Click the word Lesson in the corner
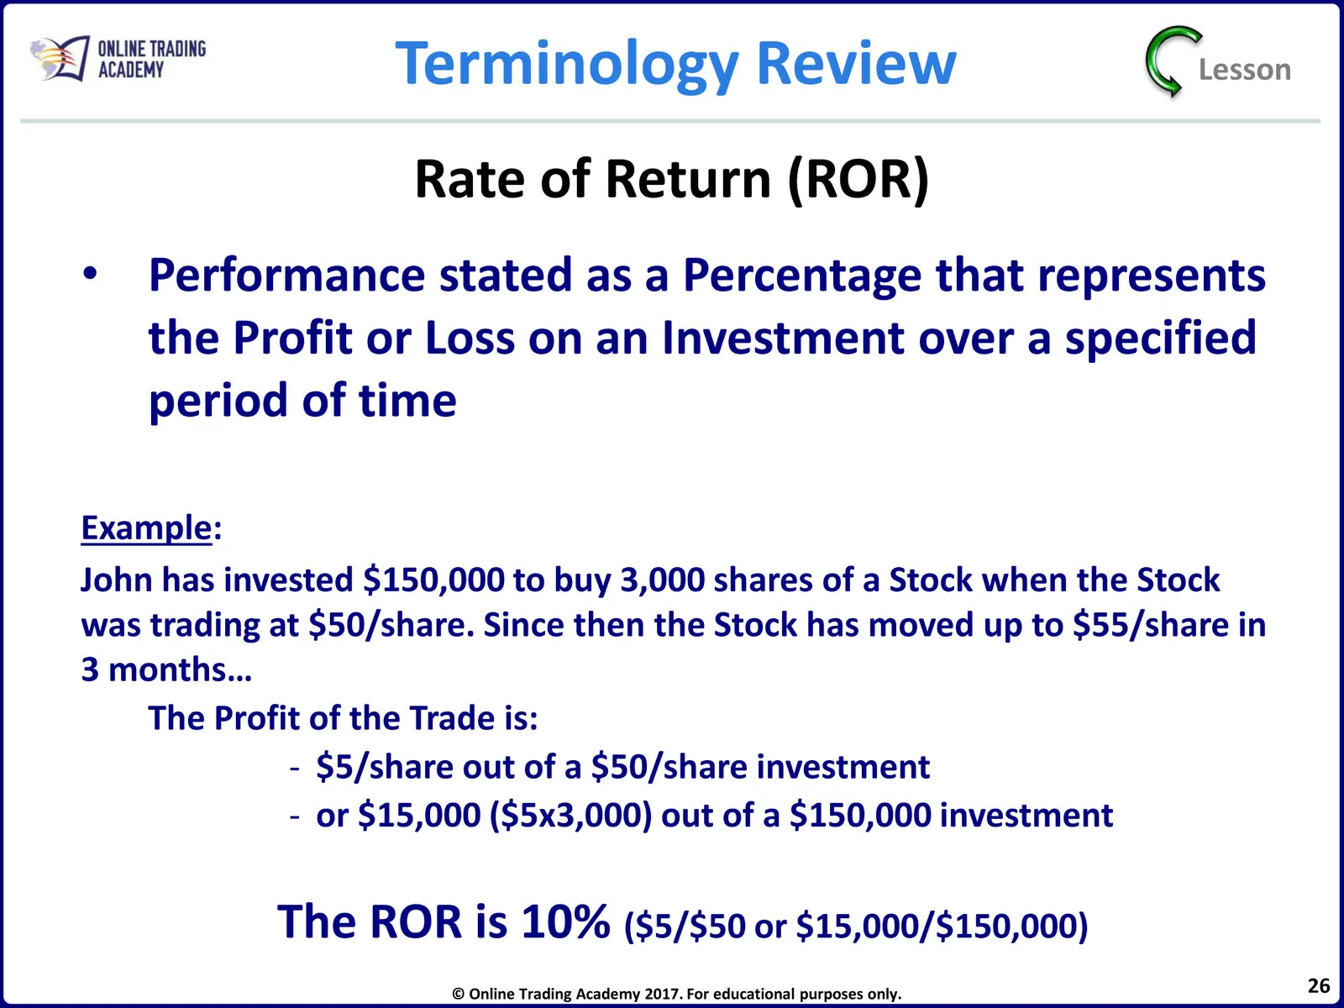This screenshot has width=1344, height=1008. pyautogui.click(x=1245, y=69)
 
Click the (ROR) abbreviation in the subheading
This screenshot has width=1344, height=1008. pyautogui.click(x=858, y=180)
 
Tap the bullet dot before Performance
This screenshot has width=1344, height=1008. pyautogui.click(x=90, y=274)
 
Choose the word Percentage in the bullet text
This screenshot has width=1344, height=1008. pyautogui.click(x=802, y=276)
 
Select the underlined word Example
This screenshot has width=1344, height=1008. pyautogui.click(x=146, y=528)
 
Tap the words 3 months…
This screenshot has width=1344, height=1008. pyautogui.click(x=166, y=669)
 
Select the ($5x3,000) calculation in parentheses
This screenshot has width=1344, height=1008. pyautogui.click(x=571, y=816)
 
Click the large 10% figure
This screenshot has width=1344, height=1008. pyautogui.click(x=566, y=921)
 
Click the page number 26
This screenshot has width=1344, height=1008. pyautogui.click(x=1319, y=986)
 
